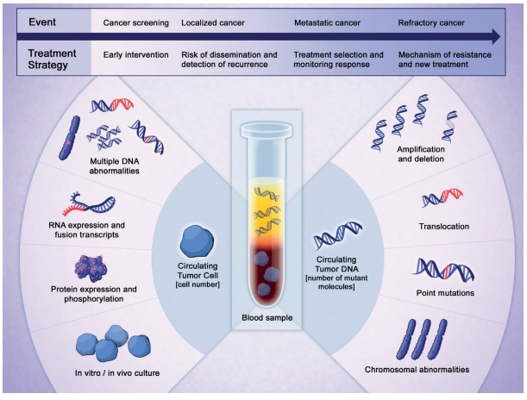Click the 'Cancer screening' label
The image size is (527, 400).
tap(135, 22)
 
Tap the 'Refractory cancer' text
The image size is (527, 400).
tap(431, 22)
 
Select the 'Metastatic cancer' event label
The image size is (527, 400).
tap(327, 22)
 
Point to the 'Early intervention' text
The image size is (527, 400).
tap(135, 55)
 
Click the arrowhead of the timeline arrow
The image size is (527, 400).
tap(496, 36)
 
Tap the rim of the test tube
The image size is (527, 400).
tap(267, 129)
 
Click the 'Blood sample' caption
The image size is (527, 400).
tap(267, 318)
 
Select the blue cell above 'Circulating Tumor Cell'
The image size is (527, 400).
tap(197, 241)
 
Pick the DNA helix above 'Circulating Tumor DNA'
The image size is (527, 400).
tap(337, 235)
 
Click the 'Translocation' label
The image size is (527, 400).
tap(444, 227)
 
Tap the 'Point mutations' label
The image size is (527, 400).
tap(445, 293)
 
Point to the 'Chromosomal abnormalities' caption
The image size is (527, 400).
tap(417, 370)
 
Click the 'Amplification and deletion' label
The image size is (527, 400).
tap(421, 153)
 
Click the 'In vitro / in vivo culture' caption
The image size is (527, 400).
tap(117, 372)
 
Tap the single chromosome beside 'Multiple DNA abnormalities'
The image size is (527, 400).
tap(70, 138)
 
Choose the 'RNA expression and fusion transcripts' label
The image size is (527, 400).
tap(87, 229)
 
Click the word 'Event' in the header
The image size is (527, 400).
tap(42, 22)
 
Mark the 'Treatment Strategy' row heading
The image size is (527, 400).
tap(52, 59)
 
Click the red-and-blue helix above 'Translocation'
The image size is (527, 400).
tap(442, 197)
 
